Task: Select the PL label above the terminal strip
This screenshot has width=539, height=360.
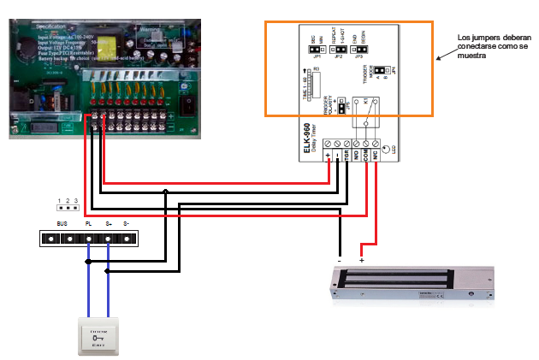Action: [x=88, y=223]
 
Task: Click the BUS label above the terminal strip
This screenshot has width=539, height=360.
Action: [x=62, y=223]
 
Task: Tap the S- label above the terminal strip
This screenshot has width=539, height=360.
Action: [x=126, y=223]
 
